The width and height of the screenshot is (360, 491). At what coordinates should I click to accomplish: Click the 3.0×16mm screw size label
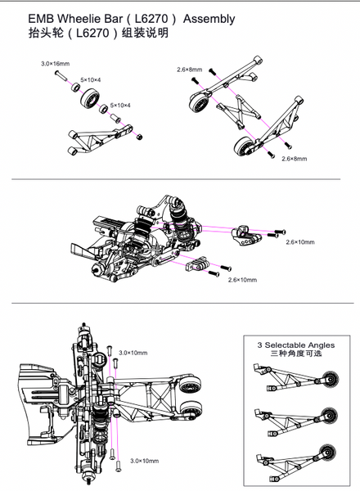pos(55,63)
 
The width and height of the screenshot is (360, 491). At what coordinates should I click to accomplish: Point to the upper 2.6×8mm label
pos(189,70)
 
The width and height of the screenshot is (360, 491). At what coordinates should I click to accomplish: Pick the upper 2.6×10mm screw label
pos(300,242)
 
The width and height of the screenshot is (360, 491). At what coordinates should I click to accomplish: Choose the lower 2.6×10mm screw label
pos(242,280)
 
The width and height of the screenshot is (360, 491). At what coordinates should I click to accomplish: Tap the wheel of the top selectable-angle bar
pos(331,379)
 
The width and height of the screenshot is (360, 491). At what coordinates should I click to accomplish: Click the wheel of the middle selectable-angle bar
pos(331,414)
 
